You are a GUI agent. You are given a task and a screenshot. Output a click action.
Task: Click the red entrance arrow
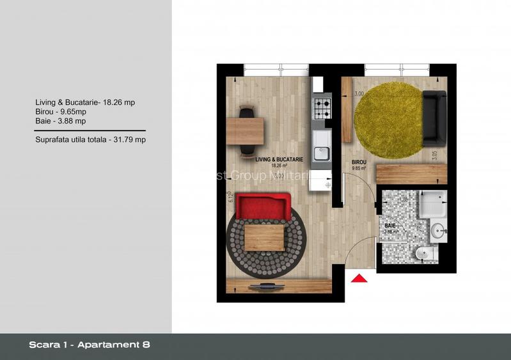(359, 278)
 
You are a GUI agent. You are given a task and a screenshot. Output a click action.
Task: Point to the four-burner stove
(322, 107)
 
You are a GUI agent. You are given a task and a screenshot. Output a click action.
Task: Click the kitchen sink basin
(323, 153)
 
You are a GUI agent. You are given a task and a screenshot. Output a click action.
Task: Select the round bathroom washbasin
(438, 230)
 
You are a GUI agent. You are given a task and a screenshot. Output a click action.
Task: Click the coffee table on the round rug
(264, 237)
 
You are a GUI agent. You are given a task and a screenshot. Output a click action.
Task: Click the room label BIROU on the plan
(359, 162)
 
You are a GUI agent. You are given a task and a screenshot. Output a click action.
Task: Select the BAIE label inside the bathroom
(389, 226)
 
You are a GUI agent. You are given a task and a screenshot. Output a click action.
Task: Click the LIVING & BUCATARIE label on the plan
(279, 158)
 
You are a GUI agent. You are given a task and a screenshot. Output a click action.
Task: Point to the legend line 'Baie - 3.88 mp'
(61, 120)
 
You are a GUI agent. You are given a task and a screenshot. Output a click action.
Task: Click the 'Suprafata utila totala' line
(91, 139)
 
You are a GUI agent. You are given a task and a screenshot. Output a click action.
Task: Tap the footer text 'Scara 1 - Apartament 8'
(90, 345)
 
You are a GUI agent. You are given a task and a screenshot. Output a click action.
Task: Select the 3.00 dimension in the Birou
(359, 94)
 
